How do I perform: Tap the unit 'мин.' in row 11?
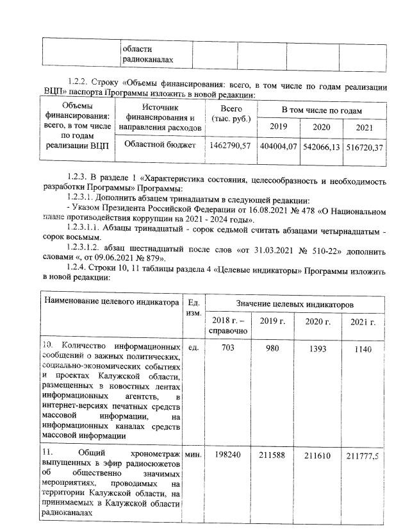[x=193, y=454]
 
